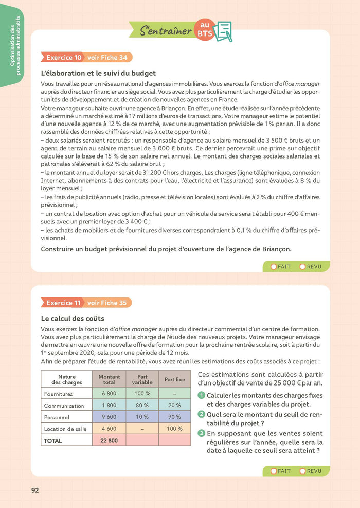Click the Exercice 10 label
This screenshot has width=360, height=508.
[64, 57]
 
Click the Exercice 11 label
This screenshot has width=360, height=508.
[64, 303]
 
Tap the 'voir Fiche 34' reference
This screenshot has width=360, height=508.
[107, 57]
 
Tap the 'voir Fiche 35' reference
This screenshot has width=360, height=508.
[107, 303]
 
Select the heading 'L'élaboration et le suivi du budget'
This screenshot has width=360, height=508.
[98, 73]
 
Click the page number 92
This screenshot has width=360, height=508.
[35, 490]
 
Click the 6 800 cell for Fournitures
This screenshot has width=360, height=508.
[109, 394]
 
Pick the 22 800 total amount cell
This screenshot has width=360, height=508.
[109, 441]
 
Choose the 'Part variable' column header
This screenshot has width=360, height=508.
[142, 380]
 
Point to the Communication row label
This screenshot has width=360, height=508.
[64, 406]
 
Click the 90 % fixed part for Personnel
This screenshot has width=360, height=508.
[174, 417]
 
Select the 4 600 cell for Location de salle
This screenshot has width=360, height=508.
[109, 429]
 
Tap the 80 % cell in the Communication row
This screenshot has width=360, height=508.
[142, 406]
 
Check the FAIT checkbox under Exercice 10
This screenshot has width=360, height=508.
[273, 267]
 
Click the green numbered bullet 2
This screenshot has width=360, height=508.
[202, 414]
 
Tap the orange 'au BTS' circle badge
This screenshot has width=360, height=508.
[205, 29]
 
